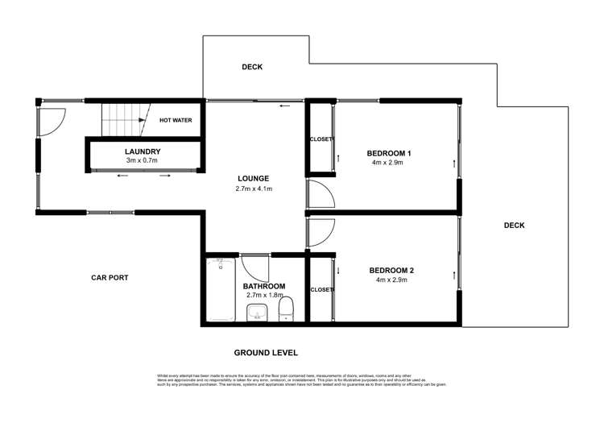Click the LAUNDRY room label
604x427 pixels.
pos(143,151)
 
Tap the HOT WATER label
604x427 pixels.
pos(175,120)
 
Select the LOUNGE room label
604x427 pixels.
pos(253,179)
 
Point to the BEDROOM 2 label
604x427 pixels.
pos(391,271)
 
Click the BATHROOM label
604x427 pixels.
pos(264,286)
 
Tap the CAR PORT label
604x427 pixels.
pos(110,277)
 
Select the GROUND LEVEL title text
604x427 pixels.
pos(266,353)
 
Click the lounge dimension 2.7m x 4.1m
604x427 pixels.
pos(253,189)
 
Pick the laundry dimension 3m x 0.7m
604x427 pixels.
pos(143,160)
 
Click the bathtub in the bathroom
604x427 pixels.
pos(220,290)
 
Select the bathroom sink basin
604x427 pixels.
pos(257,313)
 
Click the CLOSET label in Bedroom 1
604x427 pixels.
pos(321,139)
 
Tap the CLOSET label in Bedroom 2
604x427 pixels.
pos(321,289)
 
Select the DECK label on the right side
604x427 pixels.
pos(514,226)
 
